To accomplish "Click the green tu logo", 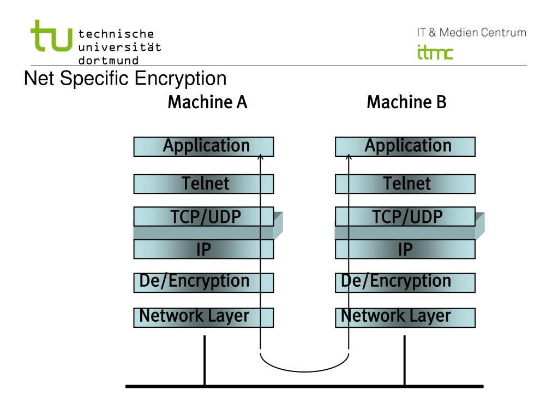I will (x=51, y=36).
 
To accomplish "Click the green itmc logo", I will (x=435, y=52).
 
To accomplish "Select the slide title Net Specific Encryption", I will (x=125, y=79).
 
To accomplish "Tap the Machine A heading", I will (x=207, y=102).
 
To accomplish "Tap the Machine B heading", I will (x=406, y=102).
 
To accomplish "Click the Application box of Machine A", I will (x=203, y=146).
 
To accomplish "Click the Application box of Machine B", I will (x=405, y=146).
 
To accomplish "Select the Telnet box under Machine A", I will (x=203, y=184).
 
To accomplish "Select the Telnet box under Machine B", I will (x=405, y=184).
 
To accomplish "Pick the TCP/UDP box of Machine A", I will (x=203, y=217).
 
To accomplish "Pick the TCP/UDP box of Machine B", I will (x=405, y=217).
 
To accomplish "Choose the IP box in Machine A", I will (x=203, y=250).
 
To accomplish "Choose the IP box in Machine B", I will (x=405, y=250).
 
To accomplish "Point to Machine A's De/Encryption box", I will (x=203, y=282).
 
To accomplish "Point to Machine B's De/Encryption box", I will (x=405, y=282).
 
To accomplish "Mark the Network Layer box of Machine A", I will (x=203, y=317).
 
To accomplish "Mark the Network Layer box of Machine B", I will (x=405, y=317).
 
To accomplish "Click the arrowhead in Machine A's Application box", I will (x=260, y=157).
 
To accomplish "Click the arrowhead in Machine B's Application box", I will (x=349, y=157).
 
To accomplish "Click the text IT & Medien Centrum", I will (x=471, y=33).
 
